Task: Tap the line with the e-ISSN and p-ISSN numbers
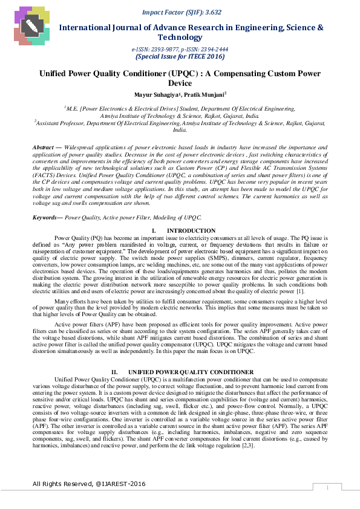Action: tap(180, 49)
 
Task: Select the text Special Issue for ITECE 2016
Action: tap(180, 56)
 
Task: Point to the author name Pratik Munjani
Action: tap(206, 94)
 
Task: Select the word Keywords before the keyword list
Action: tap(45, 217)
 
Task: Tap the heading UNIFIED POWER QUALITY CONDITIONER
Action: tap(191, 371)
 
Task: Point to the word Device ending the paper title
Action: tap(180, 83)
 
